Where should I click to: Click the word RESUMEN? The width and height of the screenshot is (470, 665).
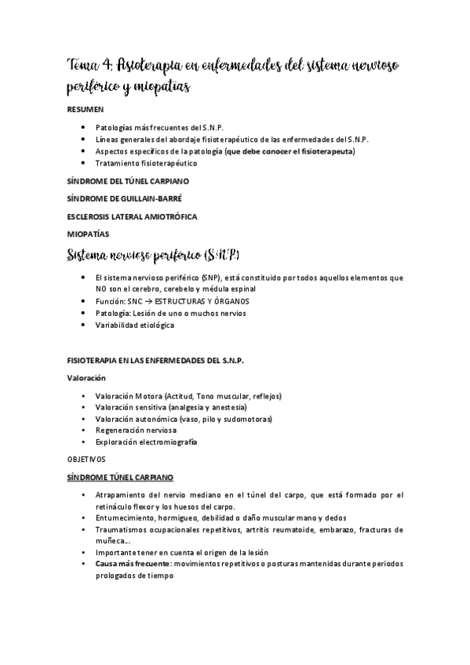pos(84,111)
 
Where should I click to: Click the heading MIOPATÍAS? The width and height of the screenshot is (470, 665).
pos(89,233)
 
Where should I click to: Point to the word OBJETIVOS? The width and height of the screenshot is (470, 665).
pos(86,459)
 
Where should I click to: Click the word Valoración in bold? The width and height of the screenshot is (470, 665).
pos(86,377)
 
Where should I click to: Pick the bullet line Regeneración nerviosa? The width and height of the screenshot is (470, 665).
pos(135,431)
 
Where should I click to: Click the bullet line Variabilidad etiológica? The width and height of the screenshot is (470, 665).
pos(134,325)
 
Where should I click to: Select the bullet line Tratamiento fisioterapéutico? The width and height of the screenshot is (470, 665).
pos(146,163)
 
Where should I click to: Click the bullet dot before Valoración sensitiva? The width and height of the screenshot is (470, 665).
pos(84,408)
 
